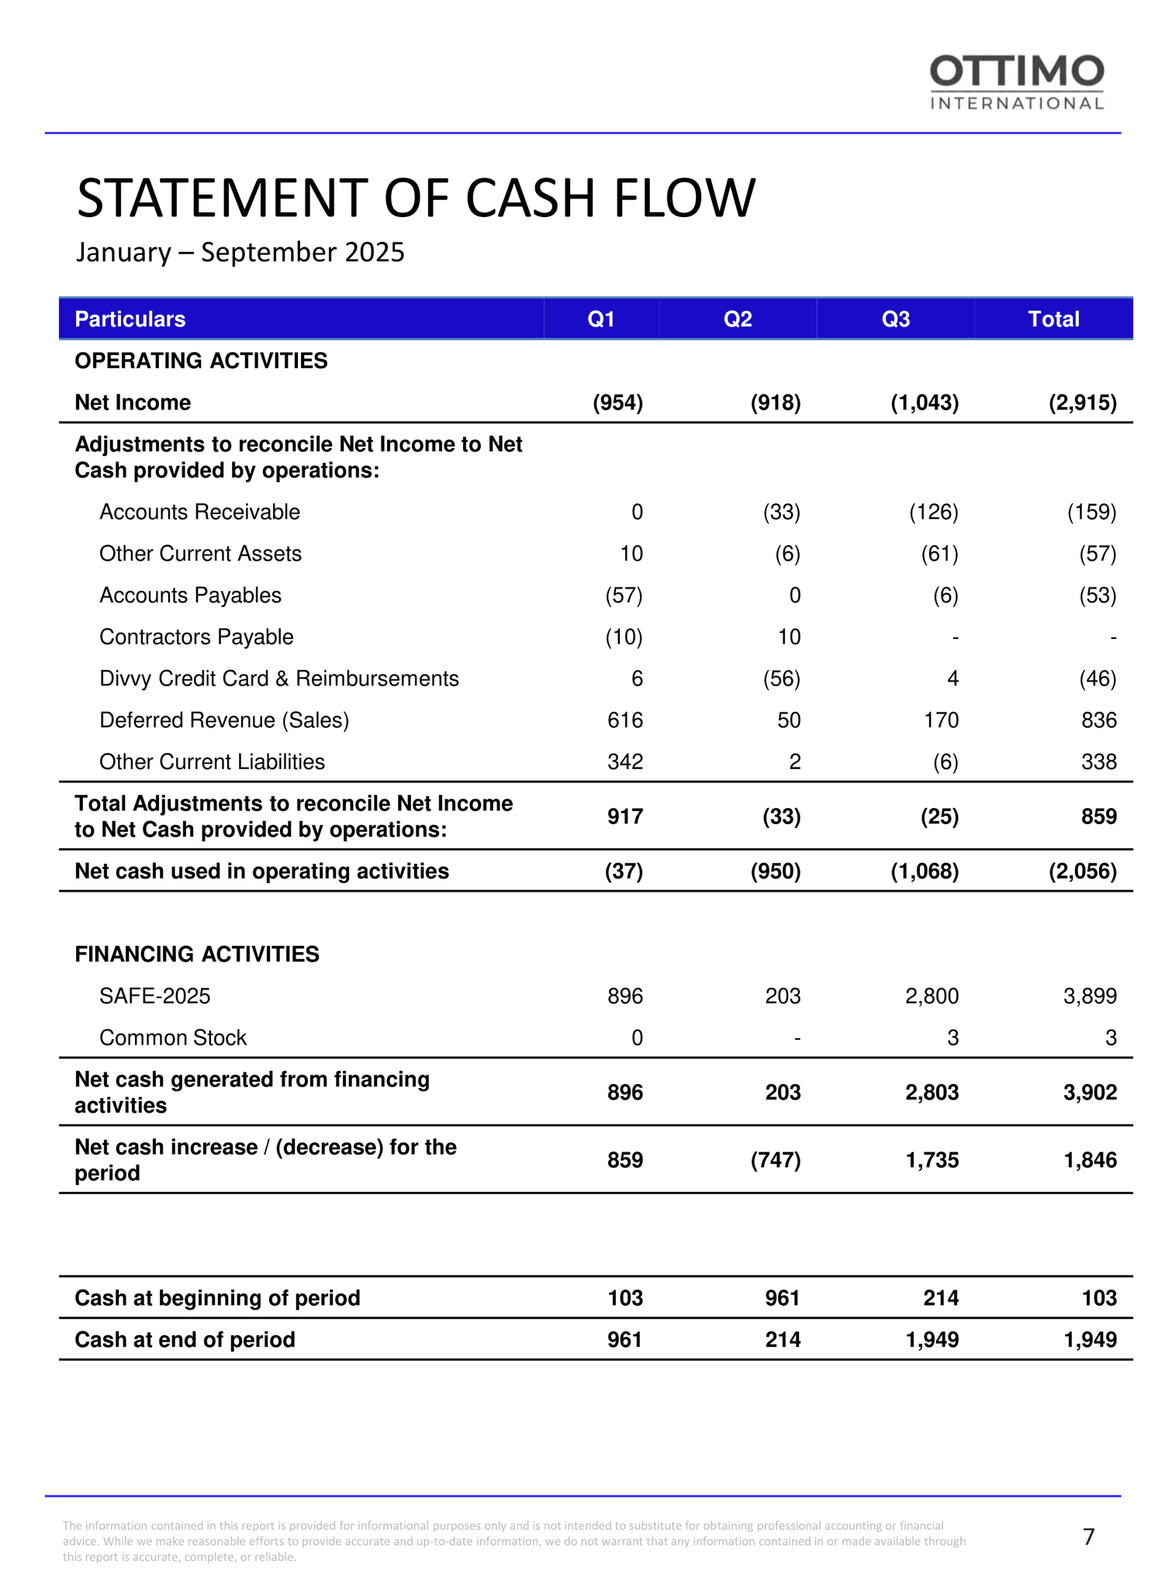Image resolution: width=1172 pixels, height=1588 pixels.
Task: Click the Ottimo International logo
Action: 1016,82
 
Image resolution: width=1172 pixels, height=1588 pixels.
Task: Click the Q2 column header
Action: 738,319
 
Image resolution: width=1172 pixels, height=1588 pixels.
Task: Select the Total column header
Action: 1053,319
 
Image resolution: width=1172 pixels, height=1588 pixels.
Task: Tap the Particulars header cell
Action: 130,319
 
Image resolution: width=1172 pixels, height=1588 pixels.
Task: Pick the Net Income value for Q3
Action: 925,402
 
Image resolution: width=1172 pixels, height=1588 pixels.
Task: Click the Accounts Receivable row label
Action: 199,512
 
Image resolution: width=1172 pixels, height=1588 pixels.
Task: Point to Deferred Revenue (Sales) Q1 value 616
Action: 625,720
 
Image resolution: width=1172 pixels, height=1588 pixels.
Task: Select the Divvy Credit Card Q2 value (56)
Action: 780,678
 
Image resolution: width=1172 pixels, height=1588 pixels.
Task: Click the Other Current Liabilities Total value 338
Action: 1099,761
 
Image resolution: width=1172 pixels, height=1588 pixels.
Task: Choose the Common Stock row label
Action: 173,1037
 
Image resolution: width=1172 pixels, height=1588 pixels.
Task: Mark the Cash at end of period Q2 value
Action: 783,1340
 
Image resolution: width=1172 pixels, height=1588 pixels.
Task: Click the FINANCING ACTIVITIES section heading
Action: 197,954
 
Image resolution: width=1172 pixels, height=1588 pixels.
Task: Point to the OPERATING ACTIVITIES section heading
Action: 201,361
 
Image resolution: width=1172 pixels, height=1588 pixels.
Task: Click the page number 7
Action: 1089,1537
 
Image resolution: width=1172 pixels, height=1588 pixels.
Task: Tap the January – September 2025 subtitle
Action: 240,252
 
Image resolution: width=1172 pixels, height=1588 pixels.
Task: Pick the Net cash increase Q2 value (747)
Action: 776,1160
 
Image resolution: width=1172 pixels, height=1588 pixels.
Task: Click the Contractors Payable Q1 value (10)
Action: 624,637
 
